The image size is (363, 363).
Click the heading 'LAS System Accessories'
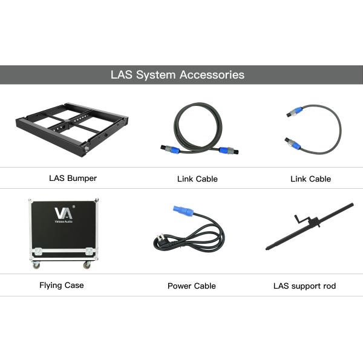click(x=177, y=75)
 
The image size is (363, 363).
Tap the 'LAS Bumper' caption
click(x=73, y=178)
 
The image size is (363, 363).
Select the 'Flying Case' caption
click(x=62, y=285)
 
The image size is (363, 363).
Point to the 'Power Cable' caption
click(x=192, y=286)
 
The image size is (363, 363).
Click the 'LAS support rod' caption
click(x=305, y=286)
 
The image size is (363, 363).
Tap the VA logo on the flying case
click(x=64, y=214)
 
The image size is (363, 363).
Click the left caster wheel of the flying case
click(x=36, y=264)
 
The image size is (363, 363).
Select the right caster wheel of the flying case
click(x=87, y=265)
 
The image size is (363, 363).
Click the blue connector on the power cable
click(x=183, y=210)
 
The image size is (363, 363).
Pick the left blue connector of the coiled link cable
click(x=170, y=149)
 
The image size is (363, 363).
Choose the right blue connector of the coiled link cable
click(x=229, y=151)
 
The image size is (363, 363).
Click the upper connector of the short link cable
click(x=295, y=112)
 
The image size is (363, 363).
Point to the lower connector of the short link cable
click(x=293, y=143)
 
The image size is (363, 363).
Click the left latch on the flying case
click(x=38, y=252)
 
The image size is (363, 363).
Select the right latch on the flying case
click(x=90, y=252)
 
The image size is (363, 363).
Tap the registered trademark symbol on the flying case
click(x=74, y=206)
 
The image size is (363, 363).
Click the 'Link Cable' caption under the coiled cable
click(x=197, y=179)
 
